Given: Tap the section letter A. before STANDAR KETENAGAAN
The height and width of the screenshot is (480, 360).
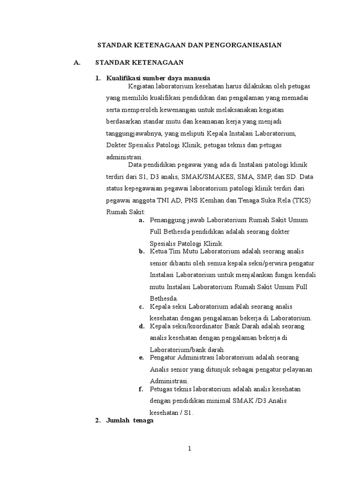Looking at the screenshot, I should [77, 62].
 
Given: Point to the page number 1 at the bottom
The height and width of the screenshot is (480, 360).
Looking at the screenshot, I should [189, 449].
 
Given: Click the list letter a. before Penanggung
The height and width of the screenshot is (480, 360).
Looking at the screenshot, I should [141, 220].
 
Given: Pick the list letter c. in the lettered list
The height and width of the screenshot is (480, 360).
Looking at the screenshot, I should [141, 307].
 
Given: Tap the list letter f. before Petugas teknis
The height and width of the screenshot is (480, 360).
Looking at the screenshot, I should [141, 390].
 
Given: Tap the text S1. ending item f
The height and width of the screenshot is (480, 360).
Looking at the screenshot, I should [186, 413].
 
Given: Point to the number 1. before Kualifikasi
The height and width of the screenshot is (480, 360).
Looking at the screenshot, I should [98, 77].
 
